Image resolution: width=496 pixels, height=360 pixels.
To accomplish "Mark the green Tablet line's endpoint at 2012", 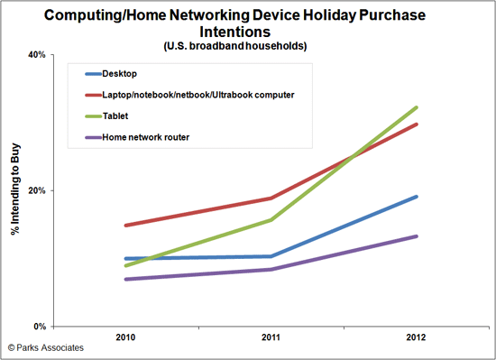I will [417, 107].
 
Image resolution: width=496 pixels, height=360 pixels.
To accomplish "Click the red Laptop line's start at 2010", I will [124, 226].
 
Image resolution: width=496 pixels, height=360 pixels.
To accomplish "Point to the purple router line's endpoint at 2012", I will [417, 236].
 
